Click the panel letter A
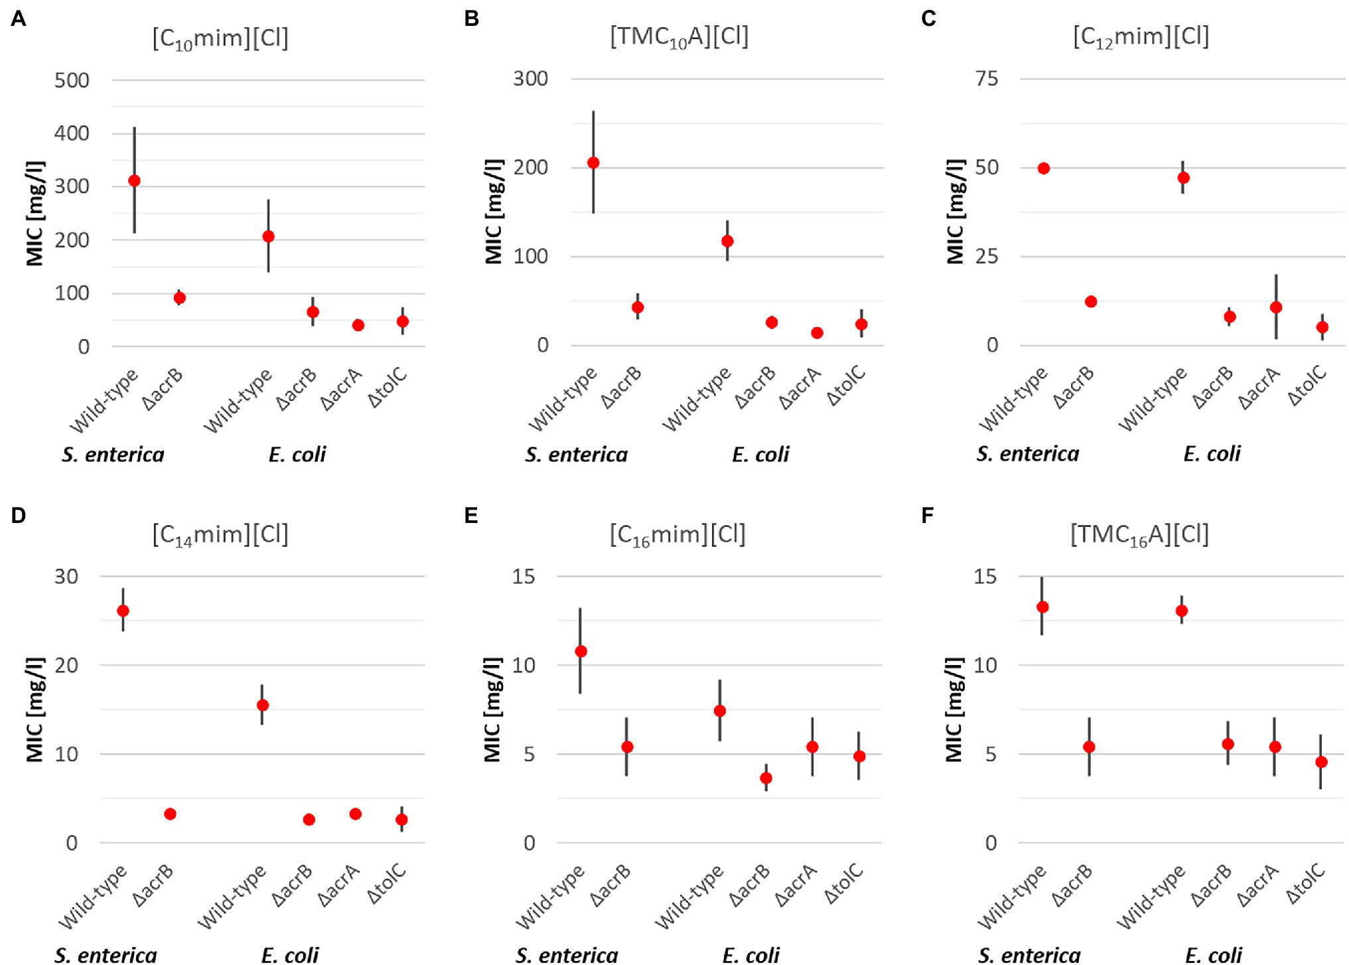pyautogui.click(x=19, y=19)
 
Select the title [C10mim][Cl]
pyautogui.click(x=220, y=38)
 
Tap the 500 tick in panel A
pyautogui.click(x=72, y=80)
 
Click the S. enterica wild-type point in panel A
pyautogui.click(x=134, y=181)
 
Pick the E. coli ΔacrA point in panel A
pyautogui.click(x=358, y=325)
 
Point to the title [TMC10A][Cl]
pyautogui.click(x=679, y=37)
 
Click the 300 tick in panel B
pyautogui.click(x=530, y=79)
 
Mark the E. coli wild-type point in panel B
pyautogui.click(x=727, y=241)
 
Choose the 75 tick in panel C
pyautogui.click(x=987, y=79)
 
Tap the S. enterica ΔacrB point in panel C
pyautogui.click(x=1091, y=301)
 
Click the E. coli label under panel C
pyautogui.click(x=1212, y=454)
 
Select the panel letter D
pyautogui.click(x=19, y=515)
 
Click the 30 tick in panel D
pyautogui.click(x=66, y=576)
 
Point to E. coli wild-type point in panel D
pyautogui.click(x=263, y=705)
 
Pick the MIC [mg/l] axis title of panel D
pyautogui.click(x=35, y=709)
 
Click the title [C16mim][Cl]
pyautogui.click(x=677, y=534)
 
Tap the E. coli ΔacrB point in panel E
pyautogui.click(x=766, y=778)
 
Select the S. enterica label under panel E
pyautogui.click(x=567, y=955)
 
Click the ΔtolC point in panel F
pyautogui.click(x=1321, y=762)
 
